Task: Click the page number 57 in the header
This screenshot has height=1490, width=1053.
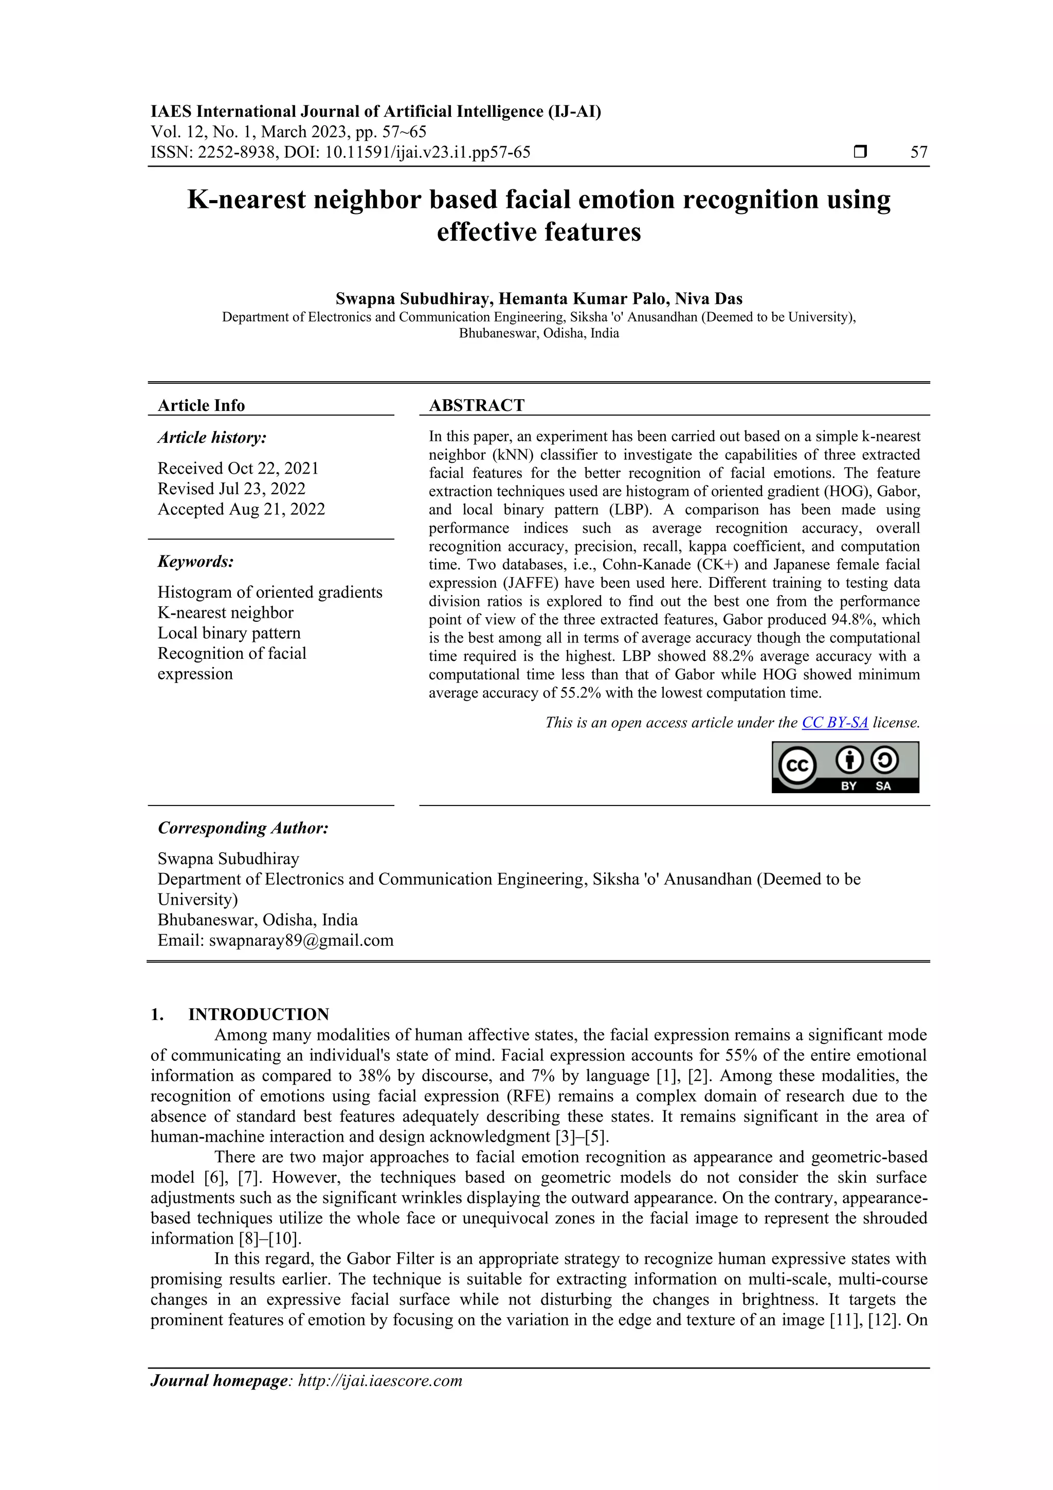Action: tap(919, 153)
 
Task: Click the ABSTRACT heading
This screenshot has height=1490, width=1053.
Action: tap(476, 406)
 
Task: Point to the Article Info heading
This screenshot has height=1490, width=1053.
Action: tap(201, 406)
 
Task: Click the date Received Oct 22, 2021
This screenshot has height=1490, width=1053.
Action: tap(238, 469)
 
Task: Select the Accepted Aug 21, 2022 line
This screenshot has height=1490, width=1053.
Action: tap(241, 509)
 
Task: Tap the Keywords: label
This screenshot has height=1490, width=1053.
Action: tap(195, 561)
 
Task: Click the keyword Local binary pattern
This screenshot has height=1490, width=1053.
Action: tap(229, 633)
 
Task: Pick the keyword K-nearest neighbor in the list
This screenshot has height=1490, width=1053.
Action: tap(225, 613)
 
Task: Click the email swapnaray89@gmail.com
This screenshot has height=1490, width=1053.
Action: tap(301, 940)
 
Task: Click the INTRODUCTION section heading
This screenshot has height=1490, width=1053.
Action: tap(258, 1014)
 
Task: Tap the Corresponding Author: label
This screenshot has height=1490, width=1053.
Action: tap(243, 828)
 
